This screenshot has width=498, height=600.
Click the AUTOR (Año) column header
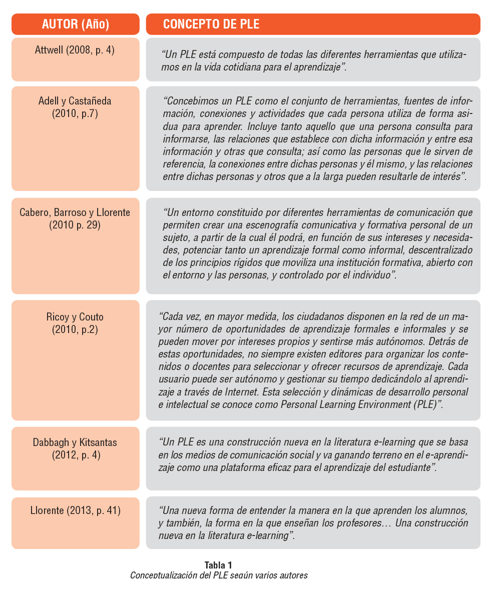pos(75,24)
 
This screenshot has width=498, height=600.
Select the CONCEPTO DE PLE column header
pos(211,24)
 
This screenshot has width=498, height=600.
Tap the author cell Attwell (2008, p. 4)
pos(75,50)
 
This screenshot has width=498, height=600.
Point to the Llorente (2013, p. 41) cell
pos(75,510)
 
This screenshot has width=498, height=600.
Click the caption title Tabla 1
pos(218,565)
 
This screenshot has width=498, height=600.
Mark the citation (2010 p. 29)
pos(75,225)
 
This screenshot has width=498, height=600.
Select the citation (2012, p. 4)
pos(75,455)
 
